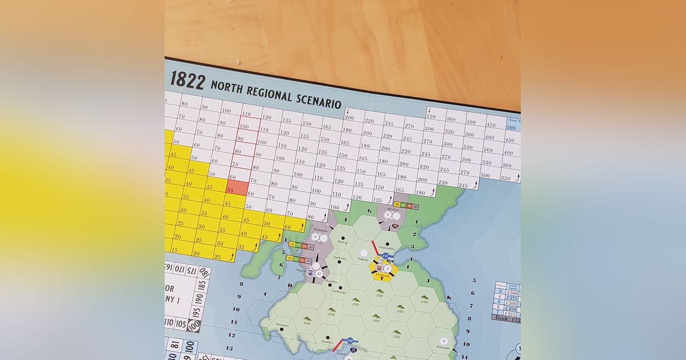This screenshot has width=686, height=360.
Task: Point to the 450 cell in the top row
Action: coord(490,124)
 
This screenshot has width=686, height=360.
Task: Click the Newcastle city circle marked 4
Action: coord(443,341)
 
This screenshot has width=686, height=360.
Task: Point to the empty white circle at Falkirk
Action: coord(364,253)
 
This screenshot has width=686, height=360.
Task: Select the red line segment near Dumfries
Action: coord(337,345)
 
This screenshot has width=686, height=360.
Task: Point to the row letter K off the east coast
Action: coord(449,298)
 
